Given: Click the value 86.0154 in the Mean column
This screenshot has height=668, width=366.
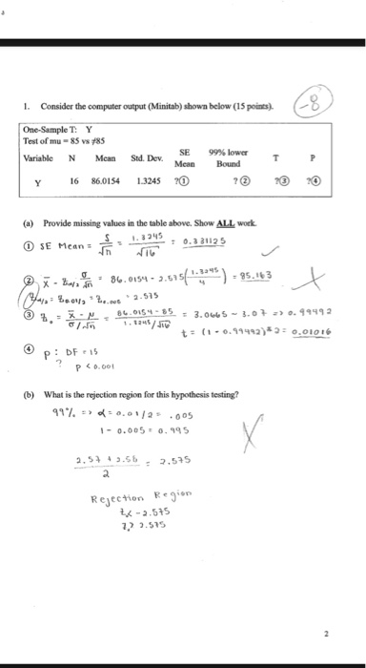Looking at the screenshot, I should tap(107, 178).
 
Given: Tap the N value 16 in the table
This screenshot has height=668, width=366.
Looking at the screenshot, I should tap(73, 178).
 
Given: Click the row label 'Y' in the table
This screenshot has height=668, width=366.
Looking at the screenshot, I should tap(38, 178).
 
